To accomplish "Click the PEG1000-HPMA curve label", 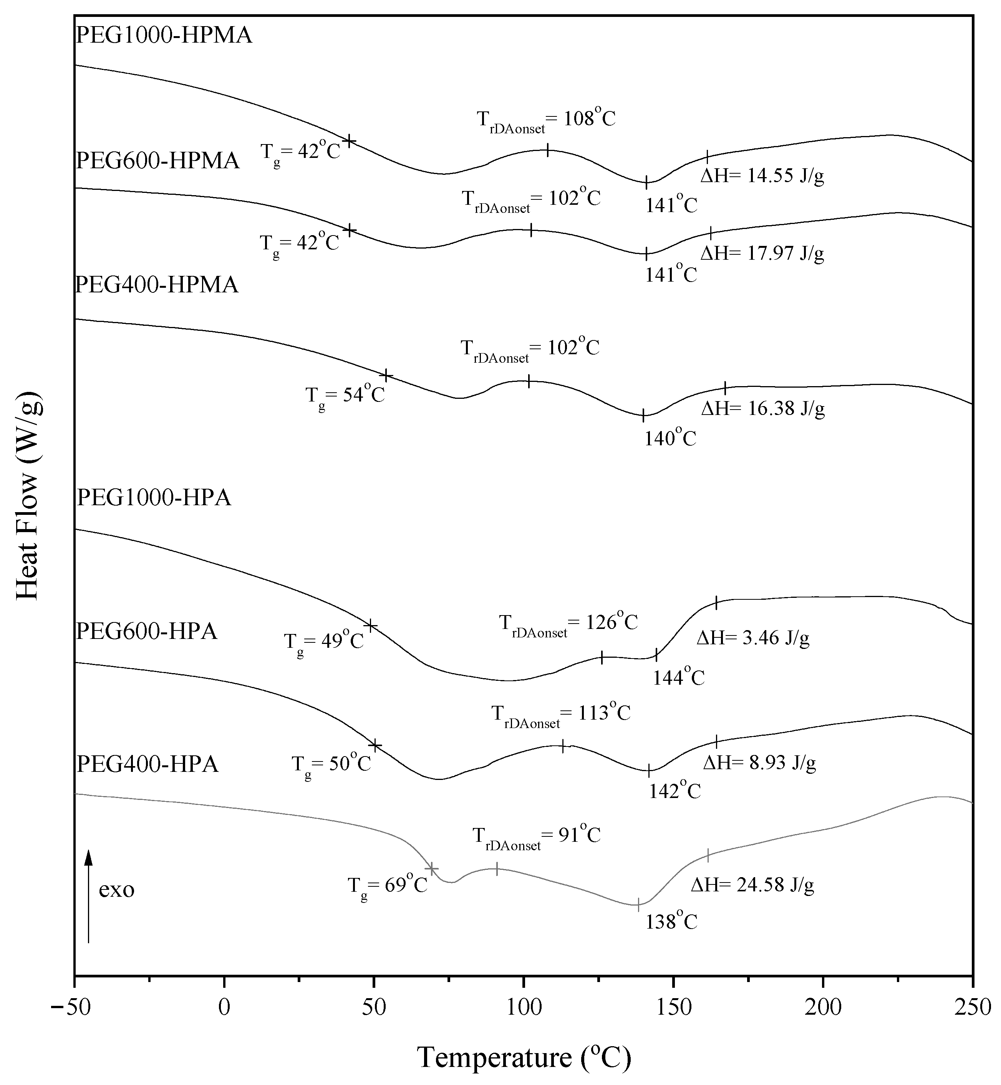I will (x=164, y=36).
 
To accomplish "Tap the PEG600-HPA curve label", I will (x=146, y=632).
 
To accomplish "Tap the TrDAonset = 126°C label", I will (x=568, y=624).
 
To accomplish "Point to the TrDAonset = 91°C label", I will (x=536, y=837).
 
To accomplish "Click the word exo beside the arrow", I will (x=116, y=889).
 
